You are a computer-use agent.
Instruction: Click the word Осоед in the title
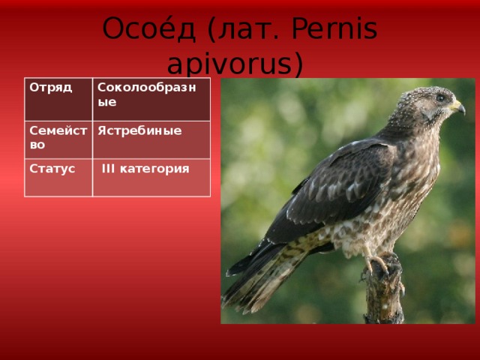tap(148, 28)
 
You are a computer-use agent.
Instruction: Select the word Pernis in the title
tap(334, 28)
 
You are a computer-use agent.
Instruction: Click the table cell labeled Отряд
tap(58, 99)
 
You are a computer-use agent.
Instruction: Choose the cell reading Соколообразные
tap(151, 99)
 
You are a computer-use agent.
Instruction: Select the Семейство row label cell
tap(58, 140)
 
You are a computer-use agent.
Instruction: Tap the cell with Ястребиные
tap(151, 140)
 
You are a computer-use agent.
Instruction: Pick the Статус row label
tap(58, 178)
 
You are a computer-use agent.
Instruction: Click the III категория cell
tap(151, 178)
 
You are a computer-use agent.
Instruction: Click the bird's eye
tap(440, 98)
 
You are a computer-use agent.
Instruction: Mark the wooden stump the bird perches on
tap(383, 291)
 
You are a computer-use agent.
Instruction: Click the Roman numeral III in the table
tap(108, 169)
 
